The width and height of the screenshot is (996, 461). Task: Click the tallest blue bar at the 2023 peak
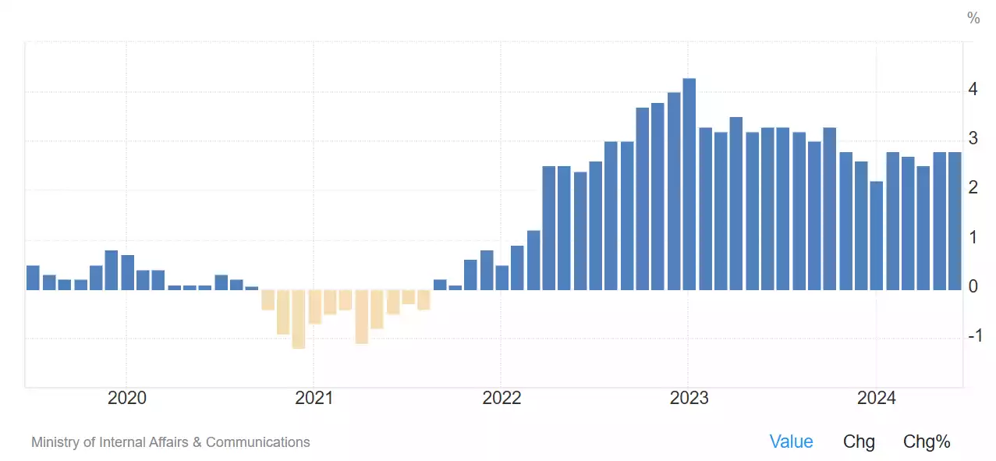point(689,184)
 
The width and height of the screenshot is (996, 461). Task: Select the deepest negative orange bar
point(298,319)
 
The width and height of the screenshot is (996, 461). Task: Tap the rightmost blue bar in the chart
point(955,221)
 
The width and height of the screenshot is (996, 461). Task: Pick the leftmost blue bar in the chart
point(33,278)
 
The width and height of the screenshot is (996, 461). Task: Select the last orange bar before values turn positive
point(424,300)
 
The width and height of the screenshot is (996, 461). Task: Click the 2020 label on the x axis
point(126,399)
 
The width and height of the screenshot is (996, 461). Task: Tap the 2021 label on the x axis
point(314,399)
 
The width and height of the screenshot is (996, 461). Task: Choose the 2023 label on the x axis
point(689,399)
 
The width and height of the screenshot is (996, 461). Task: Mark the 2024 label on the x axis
point(877,399)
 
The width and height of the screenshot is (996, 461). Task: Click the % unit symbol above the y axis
point(973,18)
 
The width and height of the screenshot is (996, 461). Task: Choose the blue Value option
point(791,441)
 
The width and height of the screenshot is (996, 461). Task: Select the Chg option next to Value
point(859,441)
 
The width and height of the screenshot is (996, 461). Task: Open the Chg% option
point(927,441)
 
